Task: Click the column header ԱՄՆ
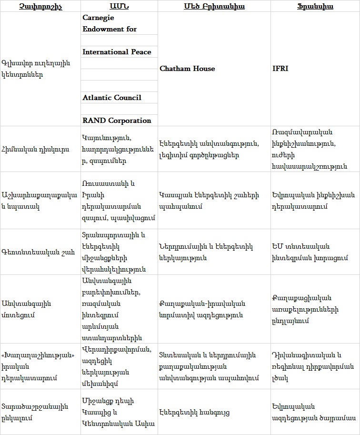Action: [119, 6]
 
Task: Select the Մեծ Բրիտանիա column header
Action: [214, 6]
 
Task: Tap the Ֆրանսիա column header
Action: [315, 6]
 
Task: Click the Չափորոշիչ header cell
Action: [40, 6]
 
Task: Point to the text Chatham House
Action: [187, 69]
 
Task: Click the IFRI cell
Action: [280, 69]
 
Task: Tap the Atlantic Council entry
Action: [112, 98]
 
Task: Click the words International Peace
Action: [117, 51]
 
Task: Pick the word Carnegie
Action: [98, 17]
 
